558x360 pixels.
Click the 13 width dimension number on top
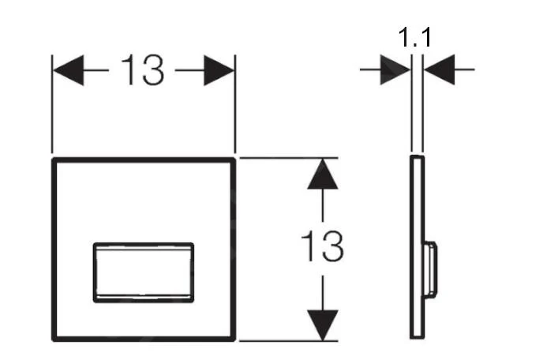143,70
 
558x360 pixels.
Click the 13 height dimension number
323,246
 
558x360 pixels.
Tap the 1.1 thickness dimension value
414,37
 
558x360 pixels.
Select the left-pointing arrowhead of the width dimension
69,70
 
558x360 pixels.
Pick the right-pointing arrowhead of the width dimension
219,70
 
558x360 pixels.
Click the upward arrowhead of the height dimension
323,174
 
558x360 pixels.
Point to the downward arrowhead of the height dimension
323,325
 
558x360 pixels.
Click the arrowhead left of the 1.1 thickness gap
395,69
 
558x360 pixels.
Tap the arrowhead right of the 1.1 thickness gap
439,69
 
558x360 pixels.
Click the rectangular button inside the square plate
144,272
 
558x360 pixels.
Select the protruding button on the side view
430,268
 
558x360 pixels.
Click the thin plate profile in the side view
417,247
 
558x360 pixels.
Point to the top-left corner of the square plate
53,158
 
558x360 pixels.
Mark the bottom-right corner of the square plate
235,340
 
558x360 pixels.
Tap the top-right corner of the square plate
235,158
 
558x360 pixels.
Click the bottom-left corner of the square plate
53,340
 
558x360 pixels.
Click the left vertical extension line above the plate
52,104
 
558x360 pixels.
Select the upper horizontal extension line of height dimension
288,157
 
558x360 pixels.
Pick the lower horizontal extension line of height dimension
288,341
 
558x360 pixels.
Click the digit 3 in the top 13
153,70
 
